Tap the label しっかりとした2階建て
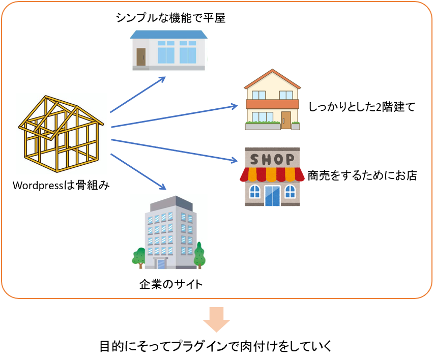(362, 107)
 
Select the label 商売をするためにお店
(362, 176)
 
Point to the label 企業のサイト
(171, 284)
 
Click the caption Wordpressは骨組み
(62, 185)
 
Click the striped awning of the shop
(270, 174)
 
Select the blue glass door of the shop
(272, 194)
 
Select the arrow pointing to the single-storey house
(137, 95)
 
